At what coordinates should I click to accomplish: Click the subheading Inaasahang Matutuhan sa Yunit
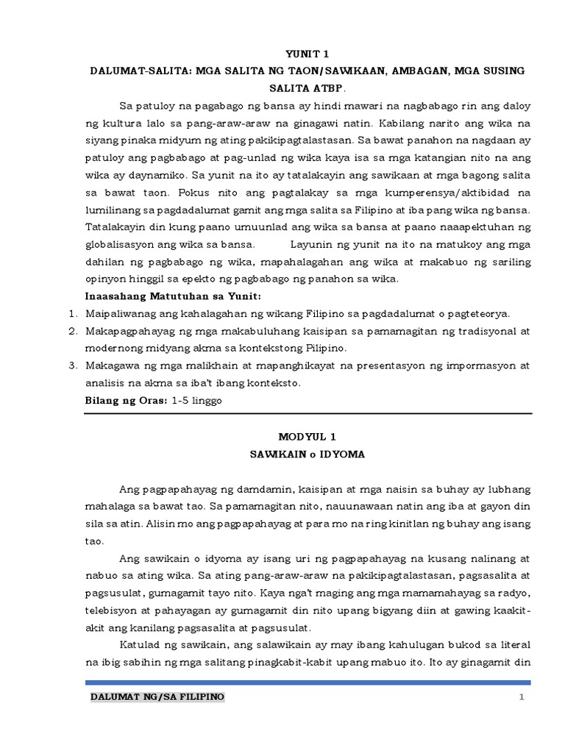coord(174,296)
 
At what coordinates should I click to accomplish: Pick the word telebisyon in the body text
coord(113,610)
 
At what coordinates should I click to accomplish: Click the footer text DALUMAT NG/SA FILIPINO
coord(157,696)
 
